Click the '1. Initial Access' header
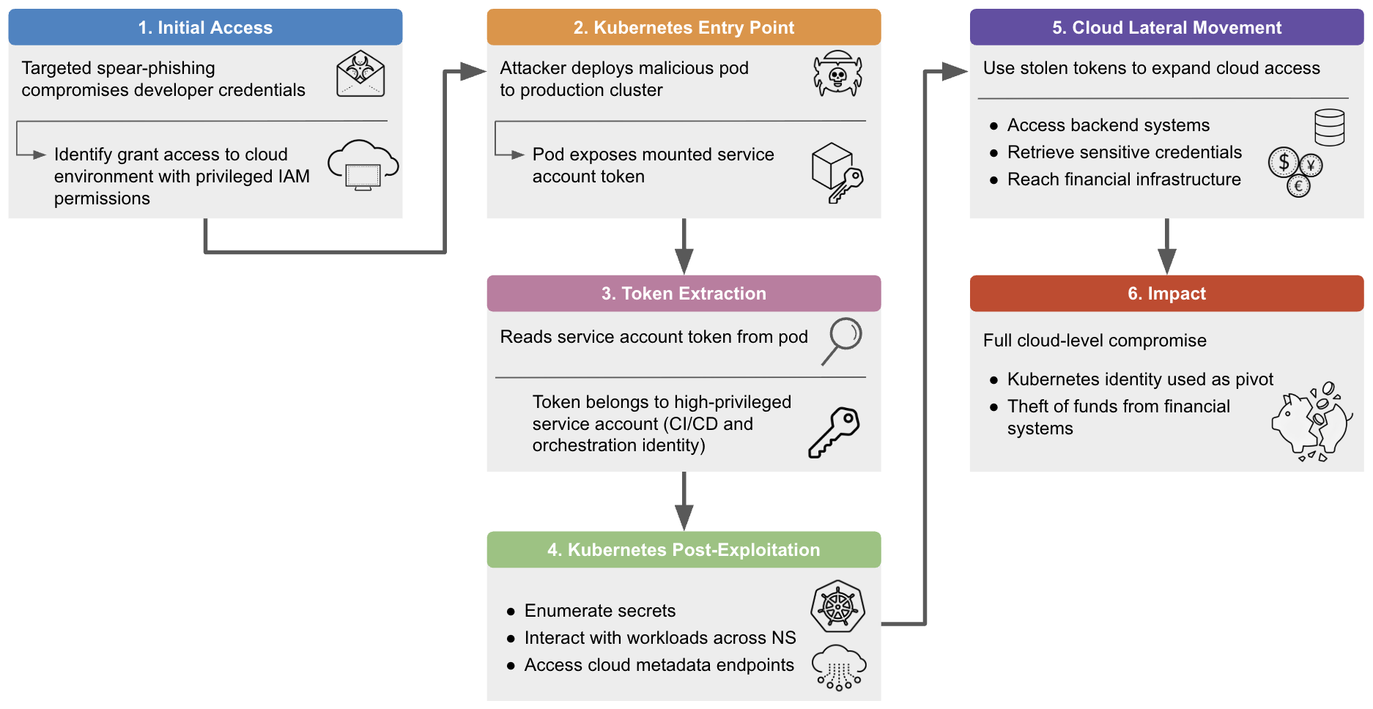pos(205,28)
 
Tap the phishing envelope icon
pos(360,74)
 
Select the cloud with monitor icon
pos(363,165)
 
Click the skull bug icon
pos(837,73)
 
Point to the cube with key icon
pos(837,173)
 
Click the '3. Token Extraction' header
pos(683,294)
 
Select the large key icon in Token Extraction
pos(834,432)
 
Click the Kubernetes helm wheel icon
pos(837,606)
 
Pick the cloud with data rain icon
pos(839,667)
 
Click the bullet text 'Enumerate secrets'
pos(599,611)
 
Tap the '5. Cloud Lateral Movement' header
pos(1166,28)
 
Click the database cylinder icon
pos(1329,127)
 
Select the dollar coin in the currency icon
pos(1284,162)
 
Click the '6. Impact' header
pos(1166,294)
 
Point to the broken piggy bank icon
pos(1311,422)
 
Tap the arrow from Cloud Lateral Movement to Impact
pos(1166,246)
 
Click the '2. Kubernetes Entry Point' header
pos(683,28)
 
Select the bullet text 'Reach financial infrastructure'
pos(1123,179)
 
